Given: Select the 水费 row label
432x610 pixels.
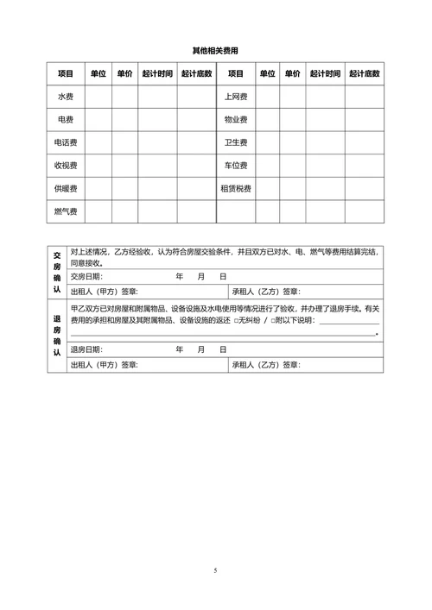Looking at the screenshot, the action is pos(66,97).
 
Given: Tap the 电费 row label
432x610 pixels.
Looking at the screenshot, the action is pos(66,119).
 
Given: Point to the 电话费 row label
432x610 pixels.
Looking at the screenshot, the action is pos(66,142).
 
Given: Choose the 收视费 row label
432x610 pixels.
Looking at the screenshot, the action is pos(66,165).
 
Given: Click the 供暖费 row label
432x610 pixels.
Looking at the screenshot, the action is pos(66,188).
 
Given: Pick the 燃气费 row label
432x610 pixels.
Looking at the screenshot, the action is pos(66,211).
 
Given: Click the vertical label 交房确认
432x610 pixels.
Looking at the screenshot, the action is pos(57,273).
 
